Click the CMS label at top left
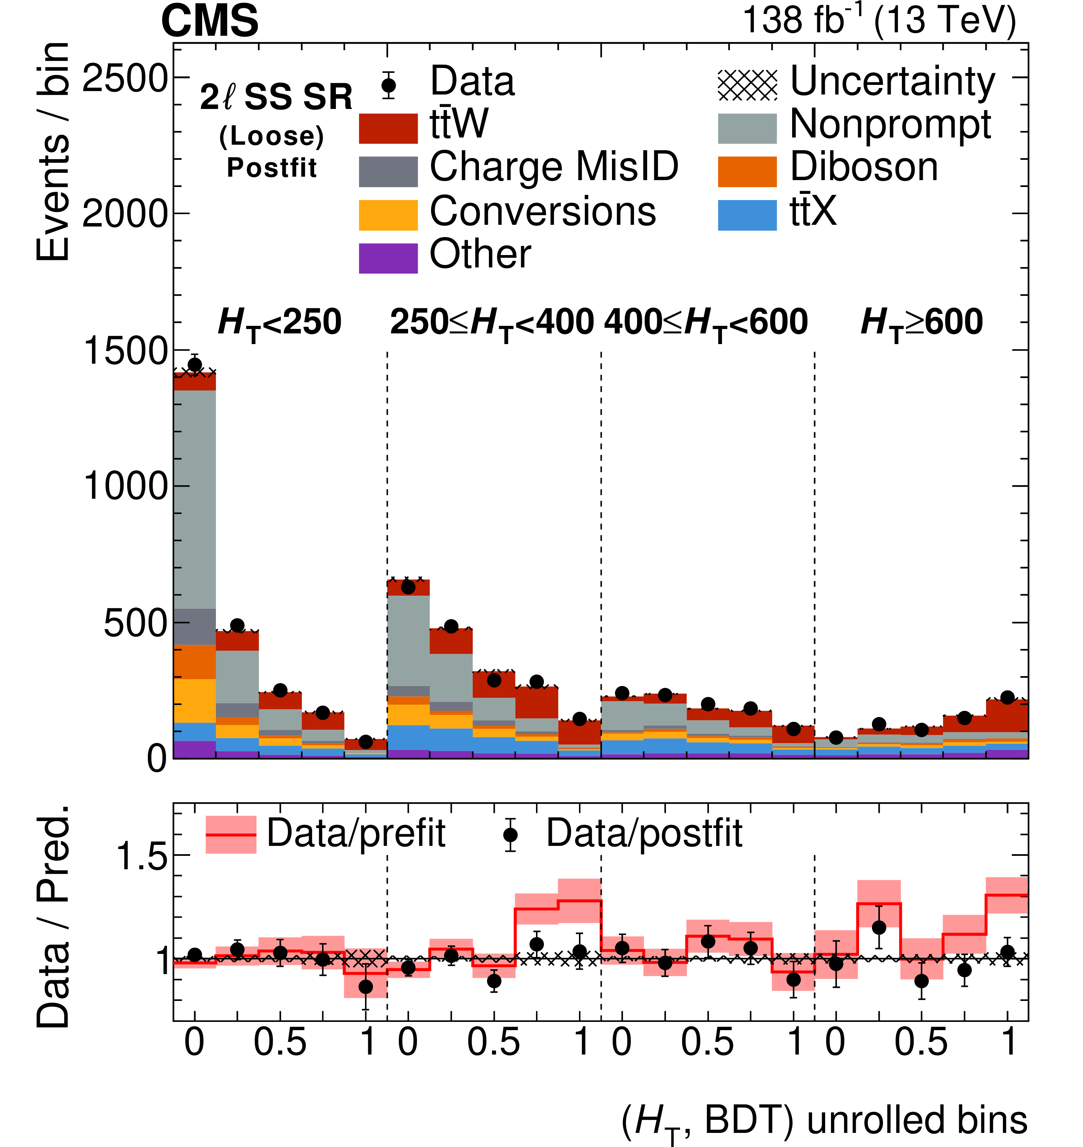tap(210, 21)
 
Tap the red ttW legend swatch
tap(388, 128)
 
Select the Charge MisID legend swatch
tap(388, 172)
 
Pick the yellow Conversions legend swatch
tap(388, 215)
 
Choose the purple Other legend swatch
tap(388, 258)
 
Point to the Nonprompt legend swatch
tap(747, 128)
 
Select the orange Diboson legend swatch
tap(747, 172)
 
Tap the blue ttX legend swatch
tap(747, 215)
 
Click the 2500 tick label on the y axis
tap(124, 78)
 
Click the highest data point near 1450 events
tap(195, 365)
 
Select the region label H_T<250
tap(280, 323)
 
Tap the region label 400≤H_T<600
tap(705, 323)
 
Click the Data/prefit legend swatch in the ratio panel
tap(231, 834)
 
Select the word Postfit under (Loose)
tap(272, 168)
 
